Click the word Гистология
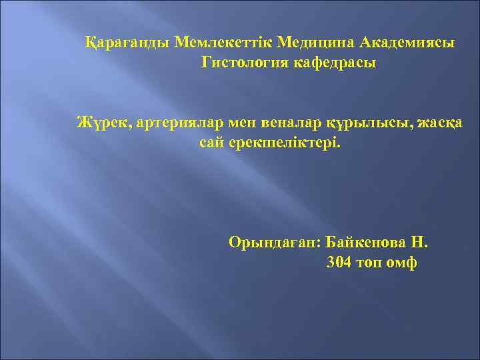243,63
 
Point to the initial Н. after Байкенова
420,241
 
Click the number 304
339,262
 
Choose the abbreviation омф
404,262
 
